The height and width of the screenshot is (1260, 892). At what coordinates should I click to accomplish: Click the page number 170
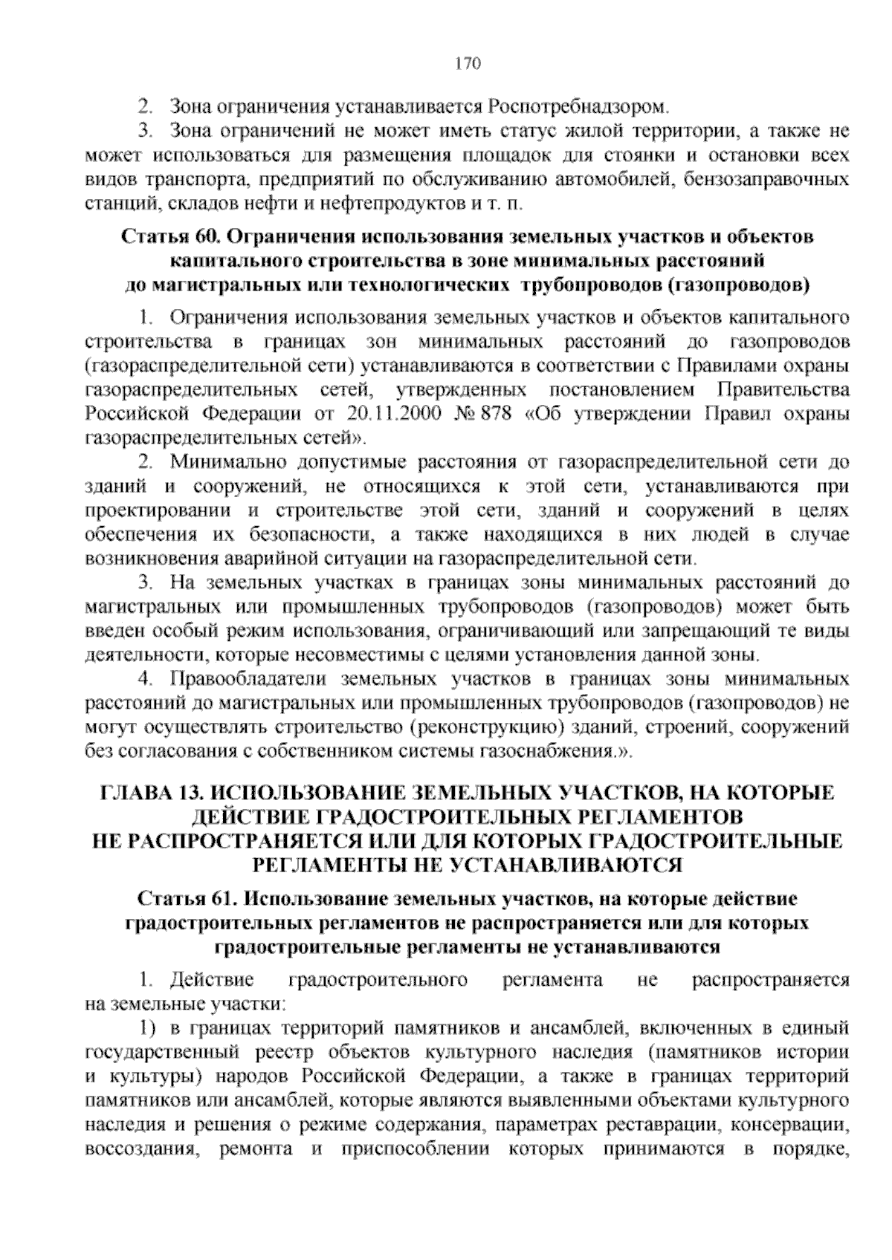click(468, 63)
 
